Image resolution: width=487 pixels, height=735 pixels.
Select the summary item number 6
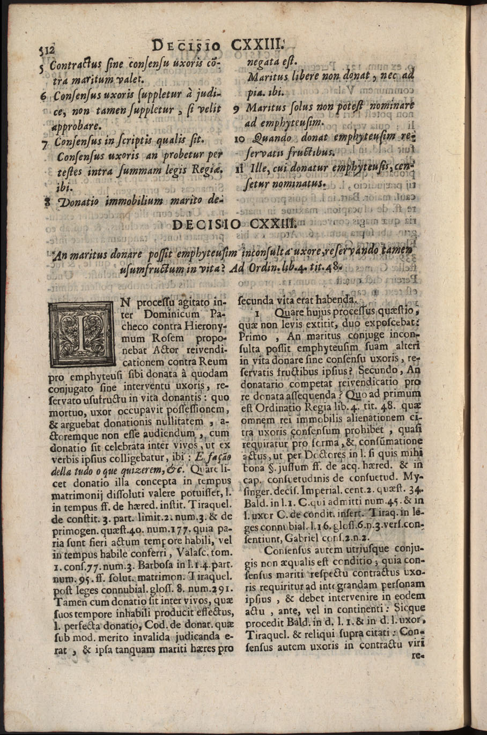pos(44,97)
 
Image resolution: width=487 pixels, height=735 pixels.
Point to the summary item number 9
pos(237,108)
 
